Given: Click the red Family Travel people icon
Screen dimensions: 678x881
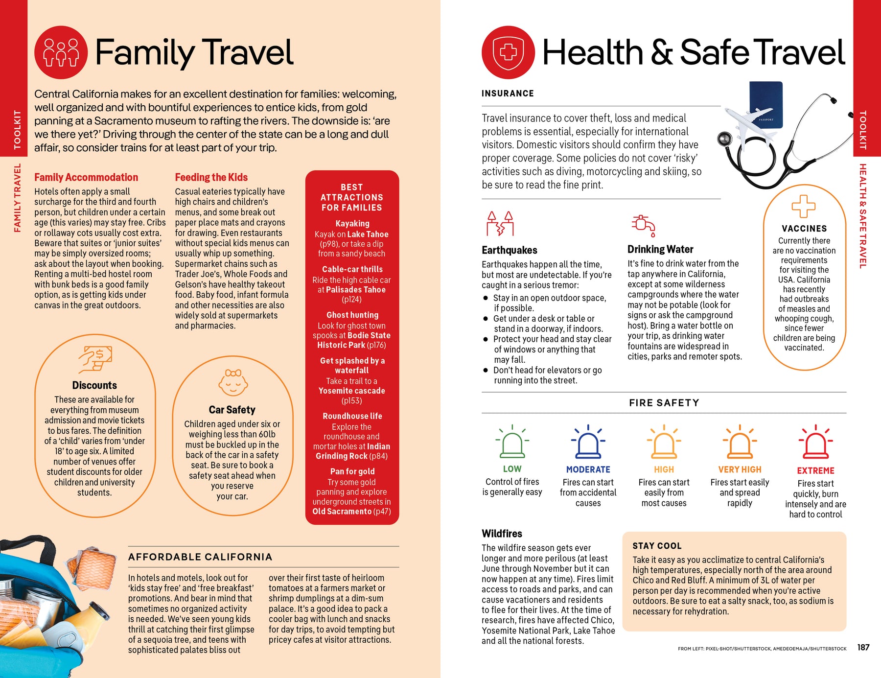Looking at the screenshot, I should [61, 52].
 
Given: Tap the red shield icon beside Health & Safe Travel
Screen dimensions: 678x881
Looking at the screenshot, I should [508, 52].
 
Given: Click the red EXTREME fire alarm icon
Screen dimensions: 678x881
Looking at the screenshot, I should [815, 442].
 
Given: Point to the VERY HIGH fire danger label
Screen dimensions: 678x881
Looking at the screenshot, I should [740, 469].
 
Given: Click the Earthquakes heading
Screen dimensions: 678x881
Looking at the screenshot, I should [509, 250].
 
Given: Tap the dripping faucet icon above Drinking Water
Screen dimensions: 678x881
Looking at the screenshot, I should [643, 225].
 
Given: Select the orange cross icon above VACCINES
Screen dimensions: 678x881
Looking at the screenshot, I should [804, 206].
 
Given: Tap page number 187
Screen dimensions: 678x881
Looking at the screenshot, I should [863, 647].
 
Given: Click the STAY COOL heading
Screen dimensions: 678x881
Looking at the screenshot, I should [657, 546].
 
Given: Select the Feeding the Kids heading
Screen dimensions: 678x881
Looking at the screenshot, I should [211, 177].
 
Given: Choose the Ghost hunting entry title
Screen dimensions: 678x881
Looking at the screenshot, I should [352, 315].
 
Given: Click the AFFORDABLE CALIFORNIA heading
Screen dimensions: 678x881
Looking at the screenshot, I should [200, 557].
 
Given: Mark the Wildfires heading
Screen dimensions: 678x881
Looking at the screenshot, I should [502, 534].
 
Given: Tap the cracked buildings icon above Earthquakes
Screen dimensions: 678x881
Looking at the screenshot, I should [500, 224].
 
